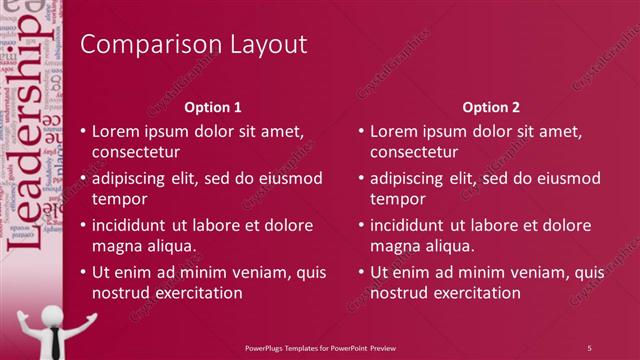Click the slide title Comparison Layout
click(x=193, y=45)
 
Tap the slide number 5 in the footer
click(x=589, y=348)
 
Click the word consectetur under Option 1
click(x=136, y=153)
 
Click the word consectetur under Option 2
click(x=414, y=153)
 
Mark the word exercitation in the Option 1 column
click(x=197, y=293)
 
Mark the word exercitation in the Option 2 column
click(x=475, y=293)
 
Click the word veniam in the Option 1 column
click(x=238, y=272)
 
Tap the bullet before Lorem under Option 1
click(x=83, y=131)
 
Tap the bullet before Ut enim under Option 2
click(x=361, y=272)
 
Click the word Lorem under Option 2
click(x=393, y=131)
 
